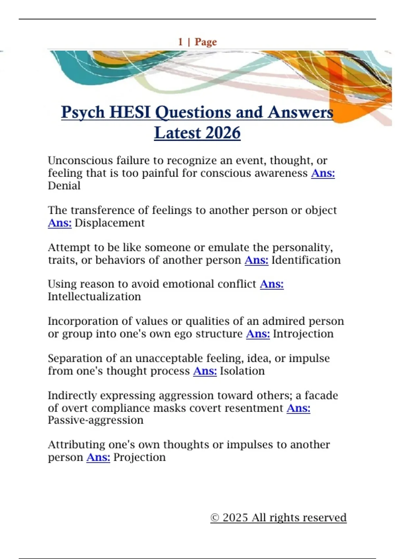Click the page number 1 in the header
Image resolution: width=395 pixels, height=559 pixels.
[x=180, y=42]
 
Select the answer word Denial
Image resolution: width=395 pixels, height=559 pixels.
[x=64, y=186]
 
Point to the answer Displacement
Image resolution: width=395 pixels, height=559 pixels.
[x=110, y=223]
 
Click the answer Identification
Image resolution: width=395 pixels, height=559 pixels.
[x=306, y=260]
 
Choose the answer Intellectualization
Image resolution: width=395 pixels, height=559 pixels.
[x=94, y=297]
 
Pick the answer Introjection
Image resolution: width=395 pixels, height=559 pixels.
[x=303, y=334]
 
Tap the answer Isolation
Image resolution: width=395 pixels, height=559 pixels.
[x=242, y=371]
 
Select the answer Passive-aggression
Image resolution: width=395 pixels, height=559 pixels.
[x=96, y=420]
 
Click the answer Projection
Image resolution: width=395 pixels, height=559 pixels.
[x=139, y=457]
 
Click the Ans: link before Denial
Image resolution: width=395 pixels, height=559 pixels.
[x=323, y=173]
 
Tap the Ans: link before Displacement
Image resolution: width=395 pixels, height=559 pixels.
[x=60, y=223]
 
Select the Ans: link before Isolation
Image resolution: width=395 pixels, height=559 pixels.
[x=205, y=371]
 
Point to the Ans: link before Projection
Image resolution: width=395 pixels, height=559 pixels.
[x=98, y=457]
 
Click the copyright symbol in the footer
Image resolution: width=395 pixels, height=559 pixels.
[x=215, y=518]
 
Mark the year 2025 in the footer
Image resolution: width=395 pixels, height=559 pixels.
[x=235, y=518]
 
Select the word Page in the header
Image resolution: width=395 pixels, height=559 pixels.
[x=206, y=42]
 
